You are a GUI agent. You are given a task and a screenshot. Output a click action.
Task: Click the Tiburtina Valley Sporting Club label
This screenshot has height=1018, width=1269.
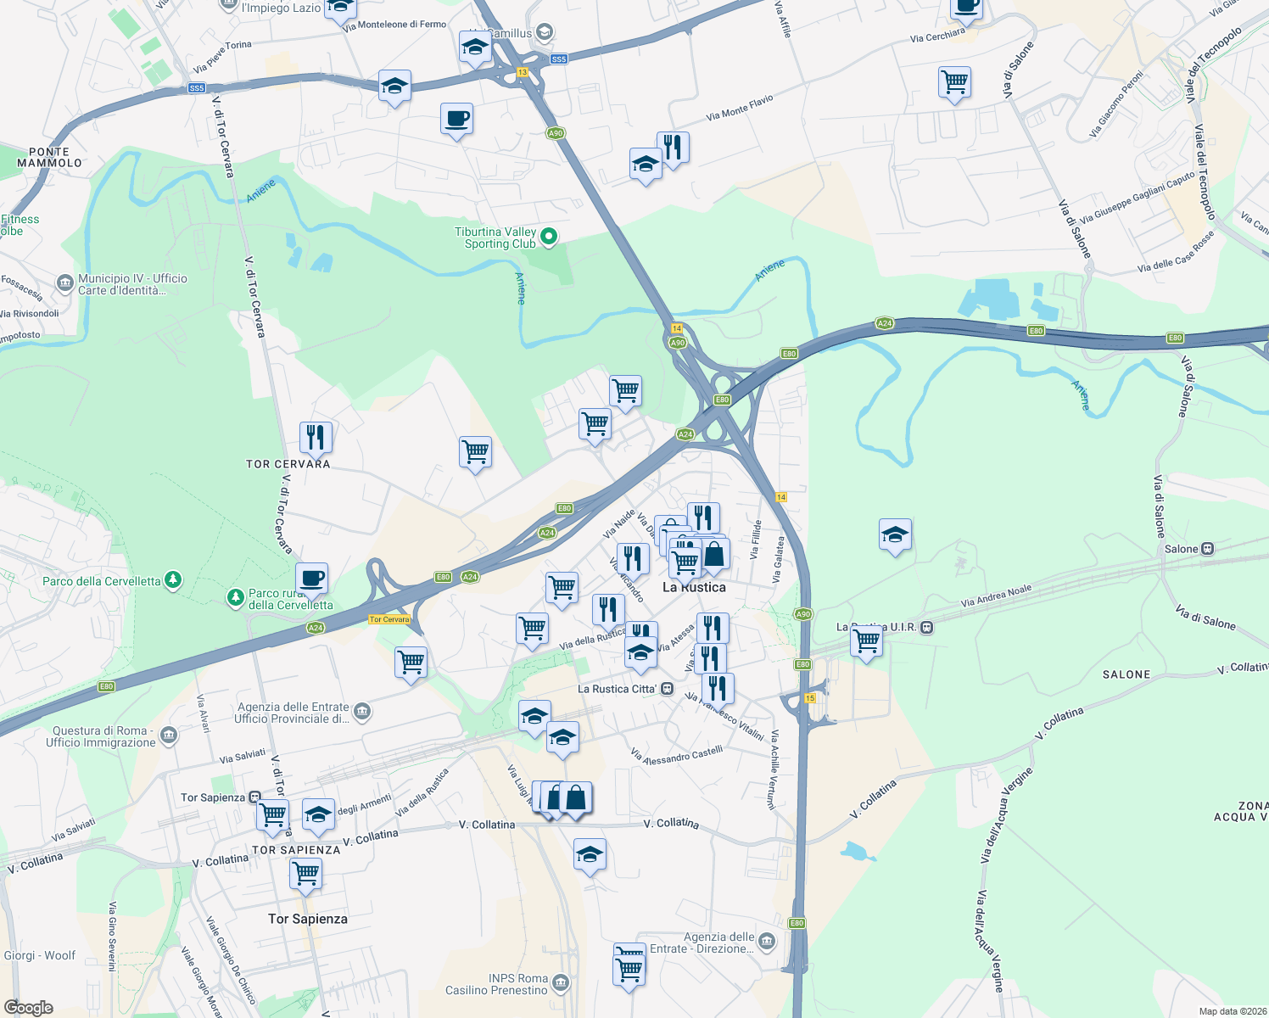point(496,238)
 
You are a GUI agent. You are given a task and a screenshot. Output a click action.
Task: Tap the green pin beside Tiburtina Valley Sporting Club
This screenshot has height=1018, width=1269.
point(549,237)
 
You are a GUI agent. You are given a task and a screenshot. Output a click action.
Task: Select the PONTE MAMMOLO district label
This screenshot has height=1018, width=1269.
point(49,157)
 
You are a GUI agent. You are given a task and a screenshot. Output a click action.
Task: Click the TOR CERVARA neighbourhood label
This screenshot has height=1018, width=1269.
point(288,464)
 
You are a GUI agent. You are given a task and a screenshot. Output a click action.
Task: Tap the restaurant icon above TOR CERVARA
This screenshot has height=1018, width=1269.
point(316,437)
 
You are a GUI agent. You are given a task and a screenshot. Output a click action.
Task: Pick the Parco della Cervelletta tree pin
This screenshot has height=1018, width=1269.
point(173,580)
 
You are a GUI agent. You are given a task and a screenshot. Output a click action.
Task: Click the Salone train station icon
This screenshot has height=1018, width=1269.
point(1208,549)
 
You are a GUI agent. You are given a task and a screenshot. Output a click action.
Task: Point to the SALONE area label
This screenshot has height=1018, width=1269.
point(1126,674)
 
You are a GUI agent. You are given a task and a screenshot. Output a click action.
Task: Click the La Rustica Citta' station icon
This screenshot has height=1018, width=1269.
point(668,689)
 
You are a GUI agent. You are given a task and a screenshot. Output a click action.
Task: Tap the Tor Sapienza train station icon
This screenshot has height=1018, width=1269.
point(254,797)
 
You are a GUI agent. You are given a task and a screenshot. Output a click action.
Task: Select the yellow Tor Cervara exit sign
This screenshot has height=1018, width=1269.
point(389,619)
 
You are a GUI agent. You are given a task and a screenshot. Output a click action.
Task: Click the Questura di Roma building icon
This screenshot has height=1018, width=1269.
point(169,735)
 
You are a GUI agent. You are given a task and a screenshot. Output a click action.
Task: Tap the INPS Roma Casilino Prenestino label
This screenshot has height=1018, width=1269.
point(497,984)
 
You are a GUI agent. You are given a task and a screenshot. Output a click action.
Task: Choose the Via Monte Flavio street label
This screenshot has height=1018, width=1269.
point(740,108)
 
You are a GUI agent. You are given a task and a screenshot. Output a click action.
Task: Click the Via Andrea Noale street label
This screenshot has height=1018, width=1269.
point(996,596)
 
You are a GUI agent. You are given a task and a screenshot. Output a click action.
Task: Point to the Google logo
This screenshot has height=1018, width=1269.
point(29,1008)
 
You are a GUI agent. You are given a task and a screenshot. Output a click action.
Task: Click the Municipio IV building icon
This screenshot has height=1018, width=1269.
point(65,283)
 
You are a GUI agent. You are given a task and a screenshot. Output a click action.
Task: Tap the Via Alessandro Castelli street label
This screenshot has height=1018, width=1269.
point(678,755)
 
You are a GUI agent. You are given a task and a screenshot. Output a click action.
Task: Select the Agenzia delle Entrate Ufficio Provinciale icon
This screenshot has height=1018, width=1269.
point(362,711)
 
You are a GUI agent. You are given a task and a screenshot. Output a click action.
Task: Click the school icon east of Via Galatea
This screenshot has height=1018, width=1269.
point(895,535)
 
